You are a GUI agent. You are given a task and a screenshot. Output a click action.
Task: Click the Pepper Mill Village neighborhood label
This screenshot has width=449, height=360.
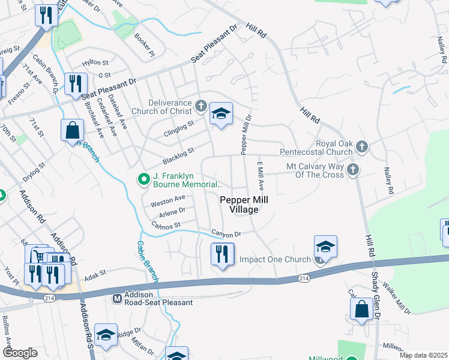click(x=238, y=205)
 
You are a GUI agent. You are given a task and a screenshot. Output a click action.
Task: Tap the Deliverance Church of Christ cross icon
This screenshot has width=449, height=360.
click(x=200, y=107)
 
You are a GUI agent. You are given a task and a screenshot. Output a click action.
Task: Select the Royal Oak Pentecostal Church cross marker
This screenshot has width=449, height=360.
click(x=361, y=146)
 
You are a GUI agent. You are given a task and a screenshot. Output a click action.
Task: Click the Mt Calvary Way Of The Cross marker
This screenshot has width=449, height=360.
click(x=352, y=169)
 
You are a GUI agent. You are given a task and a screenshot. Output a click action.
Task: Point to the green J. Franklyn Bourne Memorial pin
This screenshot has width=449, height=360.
click(x=143, y=178)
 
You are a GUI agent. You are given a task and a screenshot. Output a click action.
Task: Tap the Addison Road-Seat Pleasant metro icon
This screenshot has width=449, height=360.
click(x=118, y=298)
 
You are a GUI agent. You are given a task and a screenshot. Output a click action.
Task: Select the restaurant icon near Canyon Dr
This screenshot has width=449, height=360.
click(x=221, y=254)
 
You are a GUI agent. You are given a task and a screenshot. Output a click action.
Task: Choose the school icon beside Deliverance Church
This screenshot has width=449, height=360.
click(x=221, y=114)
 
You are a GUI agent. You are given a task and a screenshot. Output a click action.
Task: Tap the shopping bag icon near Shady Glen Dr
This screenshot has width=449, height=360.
click(x=362, y=310)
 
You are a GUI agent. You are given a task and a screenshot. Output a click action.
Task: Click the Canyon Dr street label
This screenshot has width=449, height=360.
click(x=225, y=233)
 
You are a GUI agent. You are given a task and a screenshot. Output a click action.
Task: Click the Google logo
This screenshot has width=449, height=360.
click(x=20, y=353)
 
